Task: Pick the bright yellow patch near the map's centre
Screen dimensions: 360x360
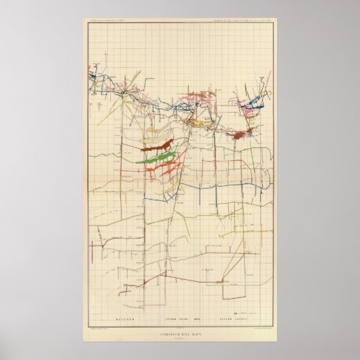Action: coord(197,124)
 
